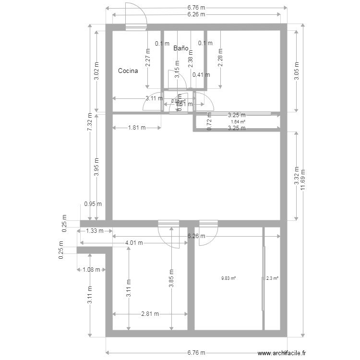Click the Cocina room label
click(128, 71)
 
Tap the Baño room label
click(180, 48)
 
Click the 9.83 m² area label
click(228, 278)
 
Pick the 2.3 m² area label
click(273, 278)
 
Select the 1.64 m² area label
click(238, 122)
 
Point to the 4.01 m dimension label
click(134, 243)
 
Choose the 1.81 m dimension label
click(137, 128)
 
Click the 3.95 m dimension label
click(96, 167)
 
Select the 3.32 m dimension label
click(296, 176)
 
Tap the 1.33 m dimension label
click(95, 231)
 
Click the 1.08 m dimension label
click(91, 269)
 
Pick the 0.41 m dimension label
click(201, 75)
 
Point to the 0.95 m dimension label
click(92, 204)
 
